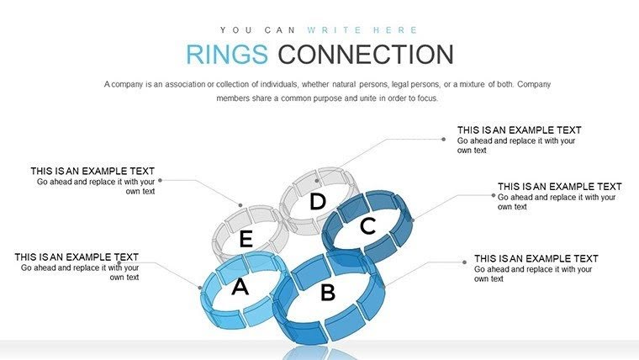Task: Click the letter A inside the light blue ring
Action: (x=240, y=288)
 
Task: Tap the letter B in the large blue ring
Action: (x=328, y=293)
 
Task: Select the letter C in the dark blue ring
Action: (x=367, y=226)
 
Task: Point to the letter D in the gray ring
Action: (x=317, y=202)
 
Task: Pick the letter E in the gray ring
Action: (x=246, y=240)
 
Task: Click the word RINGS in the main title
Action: (x=227, y=55)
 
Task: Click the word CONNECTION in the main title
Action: (x=366, y=55)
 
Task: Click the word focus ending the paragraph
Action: (x=427, y=98)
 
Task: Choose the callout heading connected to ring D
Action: (x=519, y=130)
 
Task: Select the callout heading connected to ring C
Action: (x=559, y=187)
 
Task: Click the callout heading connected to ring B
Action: (x=536, y=259)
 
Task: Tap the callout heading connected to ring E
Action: (x=92, y=171)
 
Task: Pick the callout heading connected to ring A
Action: (x=77, y=257)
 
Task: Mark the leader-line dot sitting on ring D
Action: (x=318, y=179)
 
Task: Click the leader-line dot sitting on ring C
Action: (x=413, y=221)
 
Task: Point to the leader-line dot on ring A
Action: (x=202, y=288)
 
